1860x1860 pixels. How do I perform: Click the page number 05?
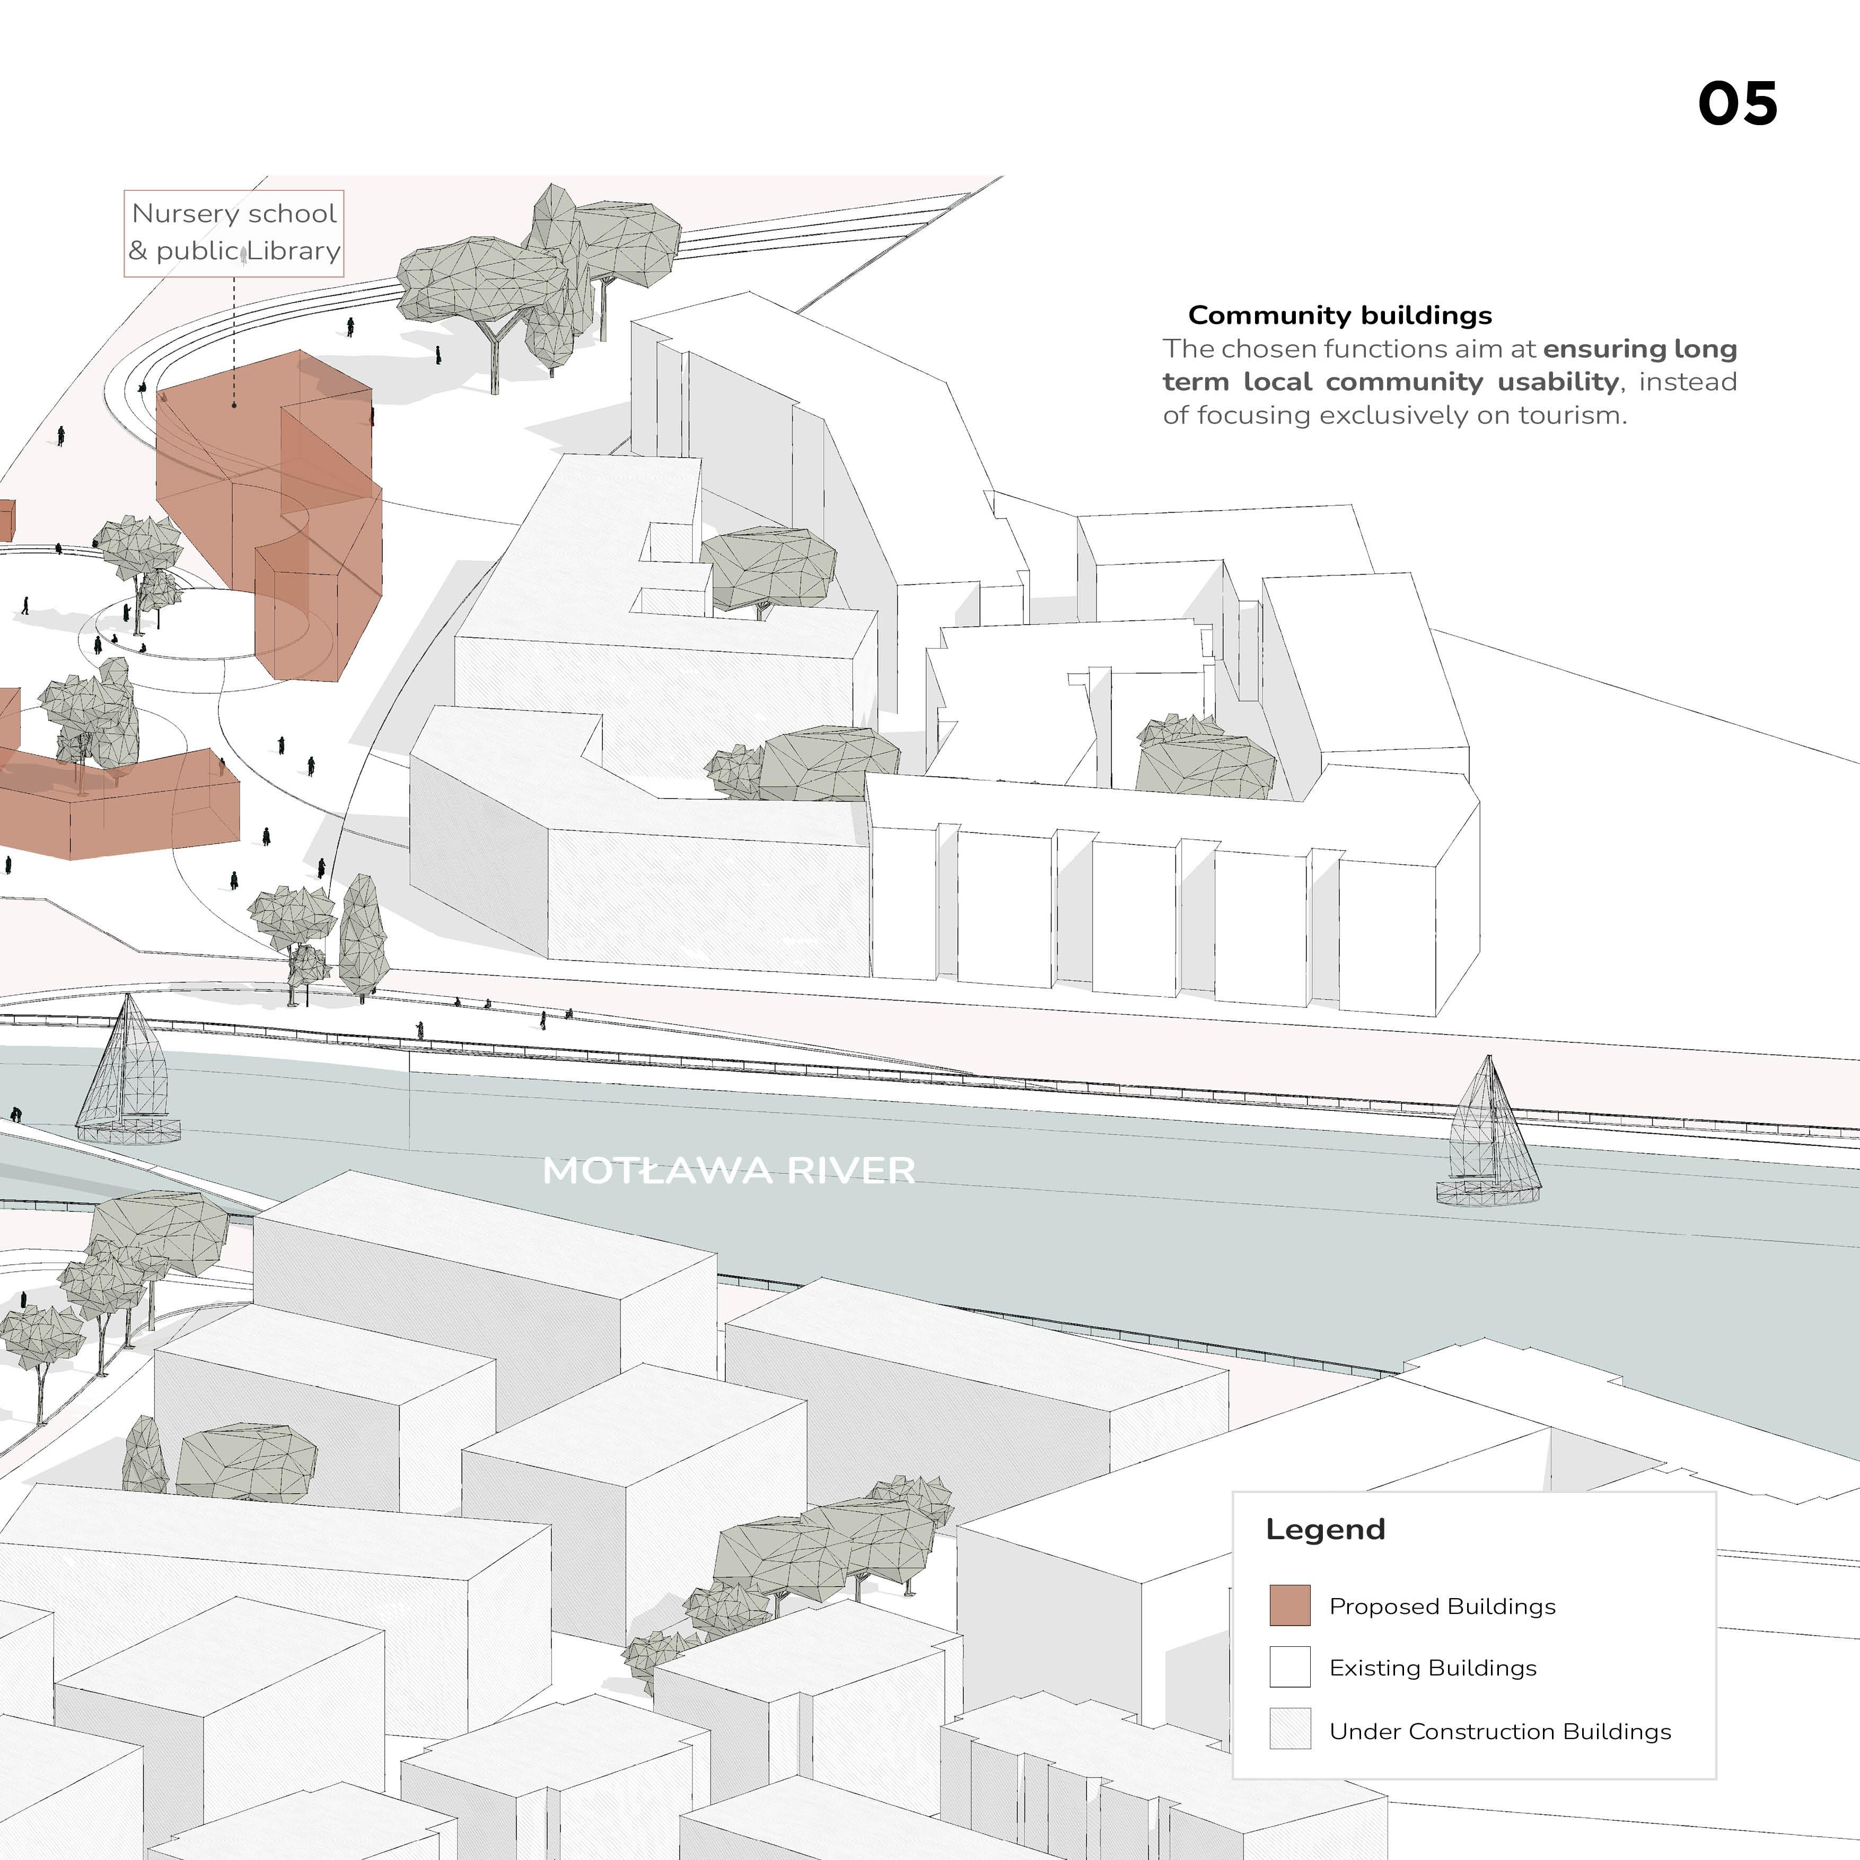click(x=1737, y=104)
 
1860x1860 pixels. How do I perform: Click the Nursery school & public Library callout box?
click(x=234, y=233)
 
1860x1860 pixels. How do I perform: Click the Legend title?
click(x=1324, y=1529)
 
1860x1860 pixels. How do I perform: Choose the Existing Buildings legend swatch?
click(x=1289, y=1666)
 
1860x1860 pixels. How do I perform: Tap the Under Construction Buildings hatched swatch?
click(x=1289, y=1728)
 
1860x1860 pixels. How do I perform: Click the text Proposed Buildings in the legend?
click(x=1441, y=1607)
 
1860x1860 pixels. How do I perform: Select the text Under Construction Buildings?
click(x=1499, y=1731)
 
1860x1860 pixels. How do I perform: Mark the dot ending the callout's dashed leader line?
click(x=234, y=405)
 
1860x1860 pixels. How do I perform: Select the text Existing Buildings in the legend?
click(x=1433, y=1668)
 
